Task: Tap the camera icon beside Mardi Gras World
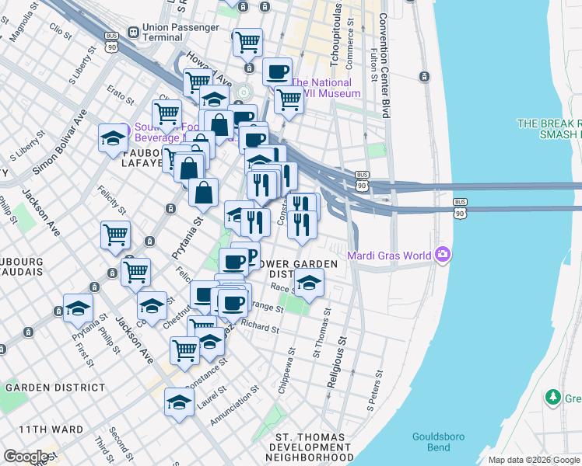tap(444, 254)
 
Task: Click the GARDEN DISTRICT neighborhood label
tap(54, 387)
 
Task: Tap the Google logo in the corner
tap(26, 457)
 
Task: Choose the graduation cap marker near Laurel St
tap(179, 402)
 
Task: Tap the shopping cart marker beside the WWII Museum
tap(288, 99)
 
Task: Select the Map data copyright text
tap(534, 460)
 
